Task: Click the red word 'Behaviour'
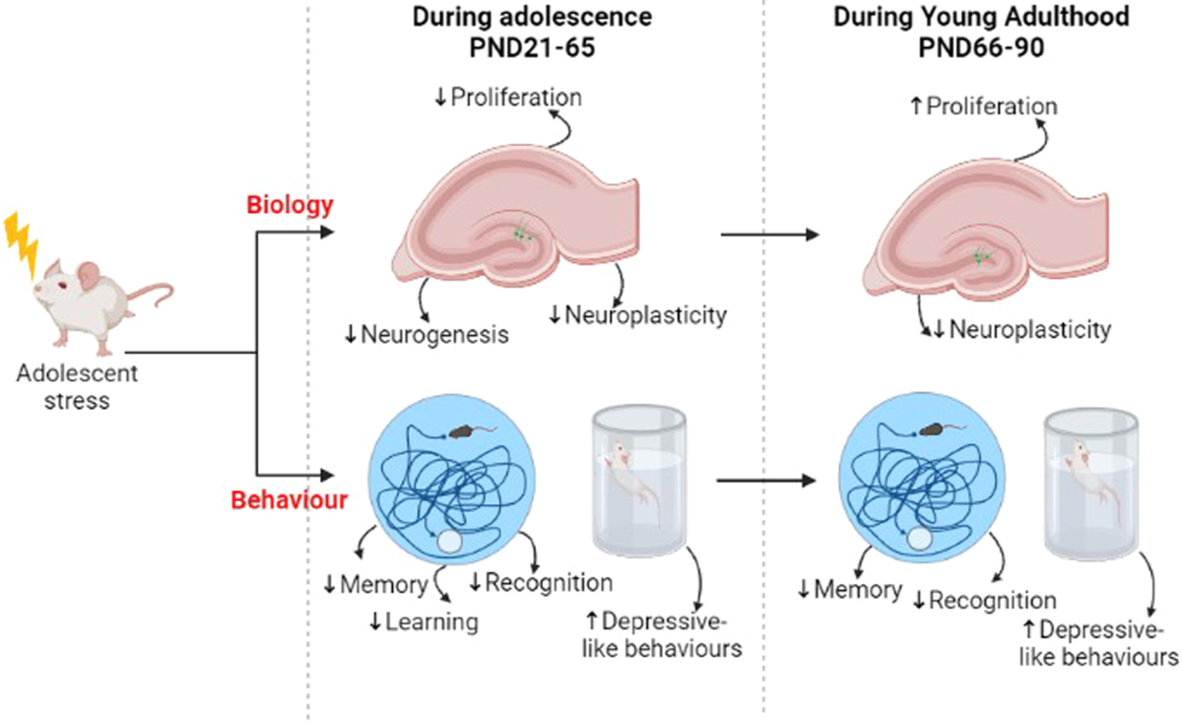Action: click(289, 499)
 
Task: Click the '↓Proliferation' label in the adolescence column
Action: click(508, 97)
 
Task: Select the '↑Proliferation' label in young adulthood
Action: click(983, 105)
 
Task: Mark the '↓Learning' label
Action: click(423, 622)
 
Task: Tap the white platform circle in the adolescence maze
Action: click(449, 542)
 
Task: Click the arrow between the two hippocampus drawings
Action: click(769, 234)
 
